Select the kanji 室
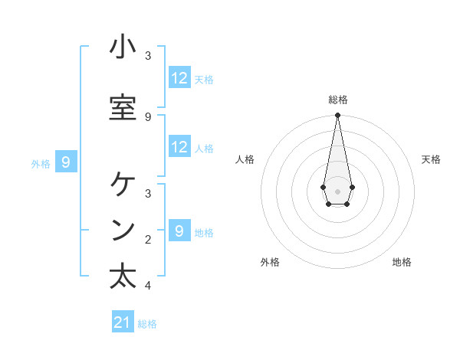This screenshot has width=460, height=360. pos(123,107)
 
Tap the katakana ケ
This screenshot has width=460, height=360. pos(123,185)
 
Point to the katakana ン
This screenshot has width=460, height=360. pos(123,231)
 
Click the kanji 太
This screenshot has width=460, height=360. pos(123,276)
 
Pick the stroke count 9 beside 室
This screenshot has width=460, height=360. pos(148,116)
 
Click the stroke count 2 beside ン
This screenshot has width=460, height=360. pos(148,240)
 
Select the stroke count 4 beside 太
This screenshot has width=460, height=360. pos(148,286)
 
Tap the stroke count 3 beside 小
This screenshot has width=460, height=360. pos(148,55)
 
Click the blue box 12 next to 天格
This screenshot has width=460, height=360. pos(179,78)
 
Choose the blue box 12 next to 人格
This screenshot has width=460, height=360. pos(179,147)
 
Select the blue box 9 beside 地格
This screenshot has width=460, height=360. pos(179,231)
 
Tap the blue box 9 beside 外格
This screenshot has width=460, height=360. pos(67,162)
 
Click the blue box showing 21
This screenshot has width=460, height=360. pos(123,322)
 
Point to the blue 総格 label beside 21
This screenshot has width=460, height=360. pos(147,324)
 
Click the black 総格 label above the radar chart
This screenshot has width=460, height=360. pos(338,100)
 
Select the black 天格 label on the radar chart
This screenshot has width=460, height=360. pos(431,159)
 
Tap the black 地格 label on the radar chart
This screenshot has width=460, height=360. pos(402,262)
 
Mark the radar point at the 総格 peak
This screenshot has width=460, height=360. pos(337,116)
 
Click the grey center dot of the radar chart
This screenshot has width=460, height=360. pos(337,190)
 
